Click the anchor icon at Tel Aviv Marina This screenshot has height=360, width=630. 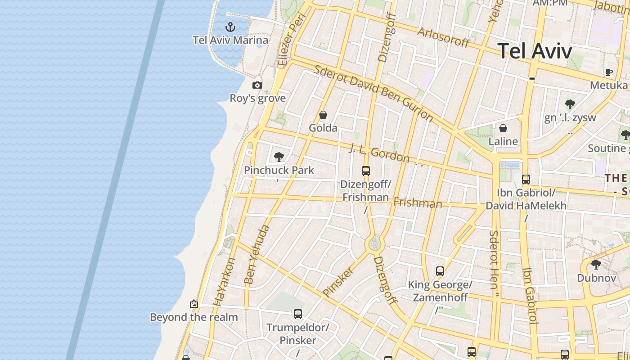230,27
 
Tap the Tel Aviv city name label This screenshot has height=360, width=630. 535,50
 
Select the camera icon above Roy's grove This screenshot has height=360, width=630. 257,85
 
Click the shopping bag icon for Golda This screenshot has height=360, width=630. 323,115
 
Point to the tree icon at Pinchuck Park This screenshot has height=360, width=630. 279,157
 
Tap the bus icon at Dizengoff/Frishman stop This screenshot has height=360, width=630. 366,171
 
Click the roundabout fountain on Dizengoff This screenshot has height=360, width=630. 374,244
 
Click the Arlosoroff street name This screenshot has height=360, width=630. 443,37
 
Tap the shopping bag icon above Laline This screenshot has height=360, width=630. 503,128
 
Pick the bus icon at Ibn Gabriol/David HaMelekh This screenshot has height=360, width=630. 526,180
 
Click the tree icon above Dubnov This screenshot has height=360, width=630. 596,265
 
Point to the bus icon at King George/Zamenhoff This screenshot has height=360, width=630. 440,271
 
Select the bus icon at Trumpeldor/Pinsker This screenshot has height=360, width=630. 297,314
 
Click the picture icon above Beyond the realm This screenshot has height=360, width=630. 194,304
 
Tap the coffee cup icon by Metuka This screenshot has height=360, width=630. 609,72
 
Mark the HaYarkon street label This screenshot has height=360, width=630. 224,282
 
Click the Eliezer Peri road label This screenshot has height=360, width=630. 292,40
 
